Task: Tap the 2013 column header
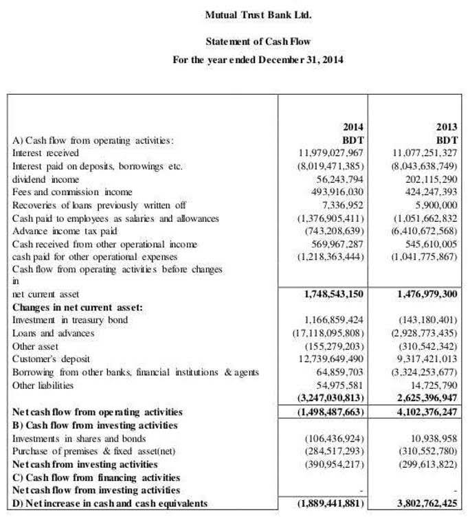pyautogui.click(x=447, y=127)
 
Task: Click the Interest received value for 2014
pyautogui.click(x=330, y=152)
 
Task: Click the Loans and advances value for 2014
pyautogui.click(x=324, y=333)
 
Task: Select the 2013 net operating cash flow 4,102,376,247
pyautogui.click(x=424, y=412)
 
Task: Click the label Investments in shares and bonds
pyautogui.click(x=79, y=438)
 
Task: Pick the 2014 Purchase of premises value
pyautogui.click(x=333, y=451)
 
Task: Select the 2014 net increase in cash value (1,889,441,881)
pyautogui.click(x=326, y=504)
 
